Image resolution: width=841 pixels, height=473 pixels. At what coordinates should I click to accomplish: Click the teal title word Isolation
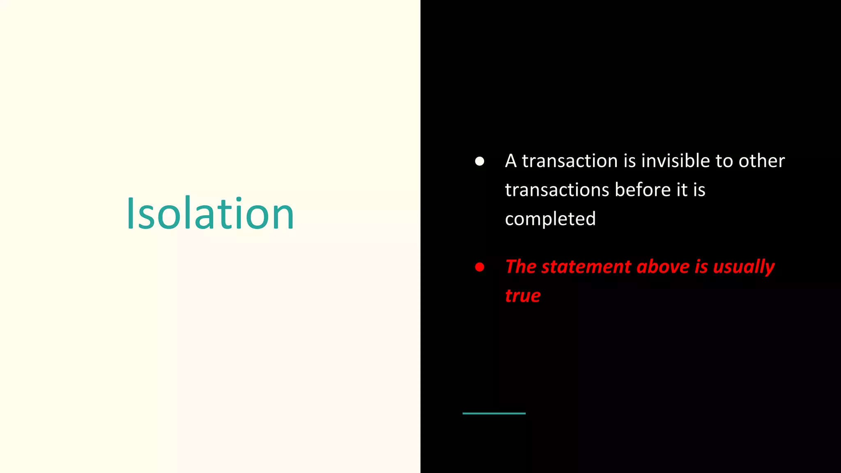(x=210, y=214)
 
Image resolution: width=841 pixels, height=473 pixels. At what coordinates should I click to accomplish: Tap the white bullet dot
(x=479, y=161)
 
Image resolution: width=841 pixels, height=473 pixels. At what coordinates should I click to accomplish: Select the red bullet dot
(x=479, y=267)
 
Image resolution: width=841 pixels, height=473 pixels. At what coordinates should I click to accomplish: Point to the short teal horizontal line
(x=494, y=413)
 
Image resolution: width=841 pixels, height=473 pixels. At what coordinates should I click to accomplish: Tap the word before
(x=643, y=190)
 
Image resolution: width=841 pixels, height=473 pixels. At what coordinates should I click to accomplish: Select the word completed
(x=550, y=219)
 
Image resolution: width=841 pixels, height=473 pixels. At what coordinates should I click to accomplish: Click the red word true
(x=523, y=296)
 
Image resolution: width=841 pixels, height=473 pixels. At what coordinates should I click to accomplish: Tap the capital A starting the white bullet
(x=510, y=161)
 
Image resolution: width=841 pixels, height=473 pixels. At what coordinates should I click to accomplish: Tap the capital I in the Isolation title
(x=131, y=214)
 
